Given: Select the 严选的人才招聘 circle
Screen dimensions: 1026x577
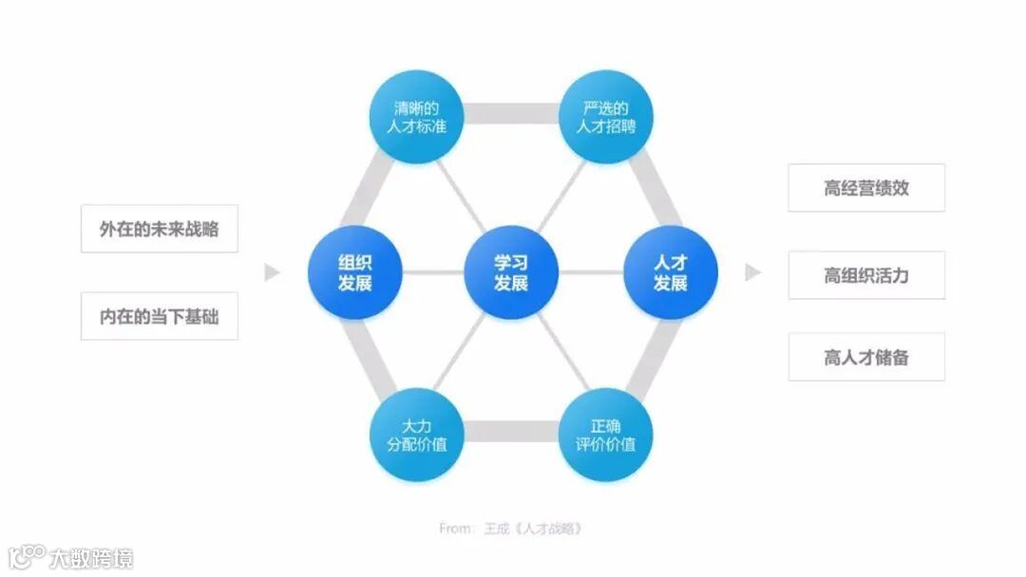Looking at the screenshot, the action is click(605, 116).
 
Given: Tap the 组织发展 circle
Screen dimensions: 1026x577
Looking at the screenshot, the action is click(354, 272).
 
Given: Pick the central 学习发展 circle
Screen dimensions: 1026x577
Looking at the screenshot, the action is click(511, 272).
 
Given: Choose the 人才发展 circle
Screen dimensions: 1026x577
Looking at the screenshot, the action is click(670, 272).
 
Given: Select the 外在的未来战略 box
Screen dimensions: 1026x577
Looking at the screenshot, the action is click(159, 228).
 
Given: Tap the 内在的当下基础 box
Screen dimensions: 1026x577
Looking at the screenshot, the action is click(159, 316).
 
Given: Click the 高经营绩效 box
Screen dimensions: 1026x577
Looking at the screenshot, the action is click(866, 188).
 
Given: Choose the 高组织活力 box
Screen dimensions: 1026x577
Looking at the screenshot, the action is click(866, 275).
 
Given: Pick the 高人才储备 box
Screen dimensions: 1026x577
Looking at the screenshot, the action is click(866, 357).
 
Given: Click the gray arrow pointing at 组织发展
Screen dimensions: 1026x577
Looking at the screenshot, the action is click(273, 272).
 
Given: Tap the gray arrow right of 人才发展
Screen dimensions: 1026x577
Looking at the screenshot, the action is click(752, 272).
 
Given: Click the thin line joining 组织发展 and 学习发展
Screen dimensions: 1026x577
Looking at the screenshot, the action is click(432, 272).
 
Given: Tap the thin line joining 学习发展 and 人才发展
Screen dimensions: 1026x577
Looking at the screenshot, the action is click(590, 272).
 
